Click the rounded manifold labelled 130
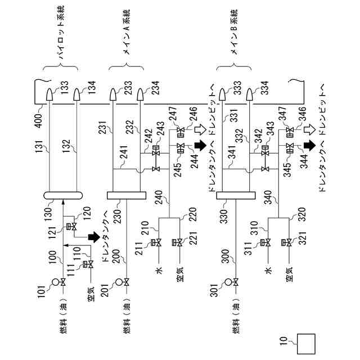click(63, 196)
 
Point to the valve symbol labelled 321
click(289, 243)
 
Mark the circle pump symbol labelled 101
click(56, 282)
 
